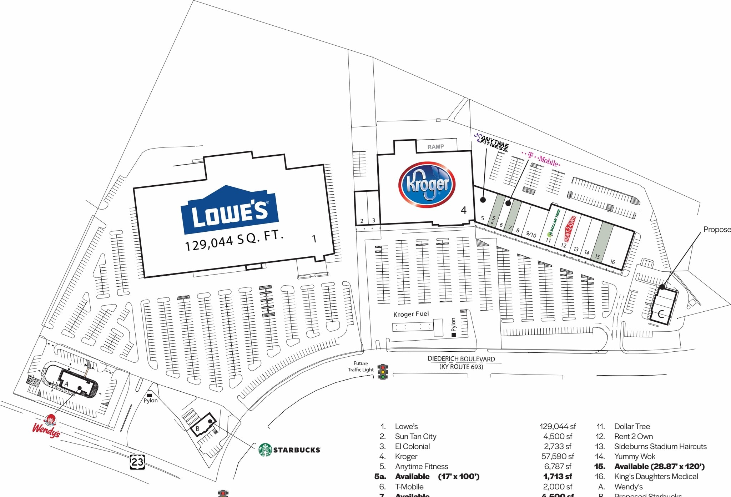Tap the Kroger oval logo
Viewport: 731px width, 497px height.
coord(427,184)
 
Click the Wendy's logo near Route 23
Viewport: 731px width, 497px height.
coord(47,426)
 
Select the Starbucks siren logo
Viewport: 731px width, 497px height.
coord(265,450)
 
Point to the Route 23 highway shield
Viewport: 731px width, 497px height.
coord(137,462)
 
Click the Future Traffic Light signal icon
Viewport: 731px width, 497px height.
coord(383,372)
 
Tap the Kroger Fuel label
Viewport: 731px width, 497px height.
coord(411,314)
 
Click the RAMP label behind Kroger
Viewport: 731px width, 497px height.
coord(436,147)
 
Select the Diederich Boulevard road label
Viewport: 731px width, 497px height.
coord(461,359)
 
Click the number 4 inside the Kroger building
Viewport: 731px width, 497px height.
coord(464,210)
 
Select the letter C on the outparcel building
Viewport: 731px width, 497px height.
coord(661,314)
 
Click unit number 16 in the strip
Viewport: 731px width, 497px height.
coord(612,262)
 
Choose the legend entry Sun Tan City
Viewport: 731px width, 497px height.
coord(415,436)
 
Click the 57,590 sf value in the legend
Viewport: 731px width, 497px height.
coord(558,456)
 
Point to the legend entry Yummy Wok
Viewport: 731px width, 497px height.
coord(635,456)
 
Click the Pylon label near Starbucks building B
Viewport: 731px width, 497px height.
coord(151,400)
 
